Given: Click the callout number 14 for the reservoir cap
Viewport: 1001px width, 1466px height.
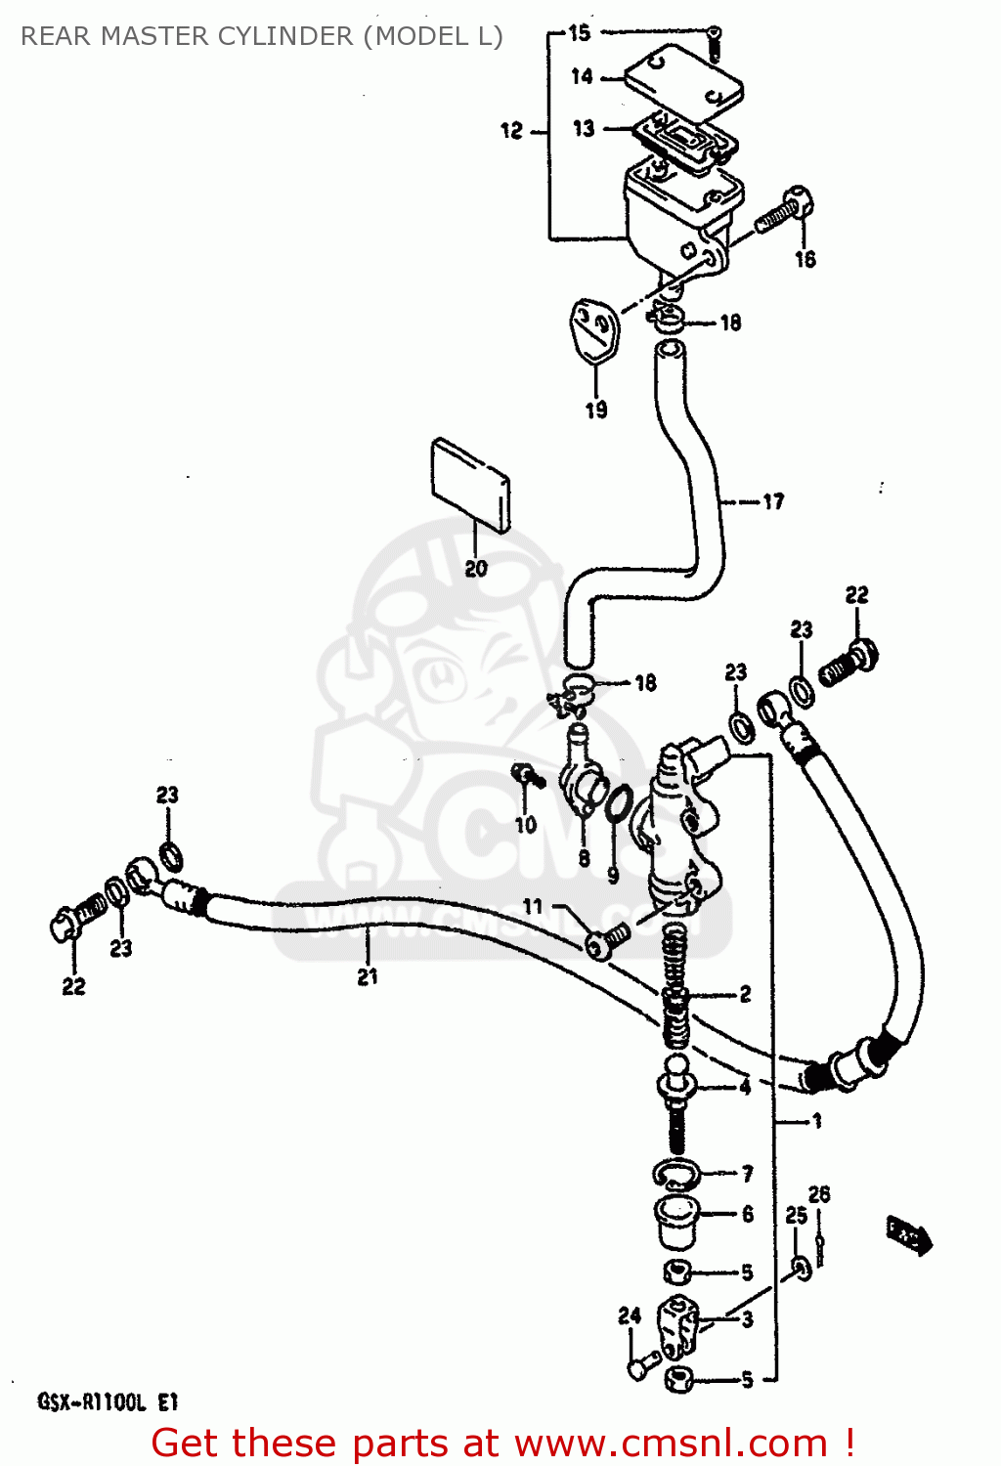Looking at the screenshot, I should pyautogui.click(x=582, y=76).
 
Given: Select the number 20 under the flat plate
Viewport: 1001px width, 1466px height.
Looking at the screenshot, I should pyautogui.click(x=476, y=568).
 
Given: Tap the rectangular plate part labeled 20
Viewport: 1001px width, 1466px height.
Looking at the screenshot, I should pyautogui.click(x=470, y=484).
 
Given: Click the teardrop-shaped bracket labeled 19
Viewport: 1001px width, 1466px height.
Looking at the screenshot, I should pyautogui.click(x=594, y=330).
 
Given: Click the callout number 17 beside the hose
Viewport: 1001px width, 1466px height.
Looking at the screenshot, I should pyautogui.click(x=773, y=501).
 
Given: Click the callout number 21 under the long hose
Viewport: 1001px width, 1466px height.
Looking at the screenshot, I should pyautogui.click(x=368, y=975).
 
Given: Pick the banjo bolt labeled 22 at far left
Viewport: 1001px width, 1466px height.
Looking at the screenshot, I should pyautogui.click(x=74, y=919).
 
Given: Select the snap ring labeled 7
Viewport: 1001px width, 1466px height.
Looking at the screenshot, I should pyautogui.click(x=674, y=1172).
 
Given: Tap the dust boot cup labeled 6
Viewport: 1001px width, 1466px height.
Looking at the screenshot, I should pyautogui.click(x=675, y=1219).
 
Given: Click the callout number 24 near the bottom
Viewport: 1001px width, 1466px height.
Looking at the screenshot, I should pyautogui.click(x=630, y=1315).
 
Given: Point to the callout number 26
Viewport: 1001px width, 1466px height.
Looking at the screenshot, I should pyautogui.click(x=819, y=1194).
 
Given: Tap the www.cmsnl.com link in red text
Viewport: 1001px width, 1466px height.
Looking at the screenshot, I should pyautogui.click(x=671, y=1443).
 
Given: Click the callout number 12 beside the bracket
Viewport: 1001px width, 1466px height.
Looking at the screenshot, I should pyautogui.click(x=512, y=130).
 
